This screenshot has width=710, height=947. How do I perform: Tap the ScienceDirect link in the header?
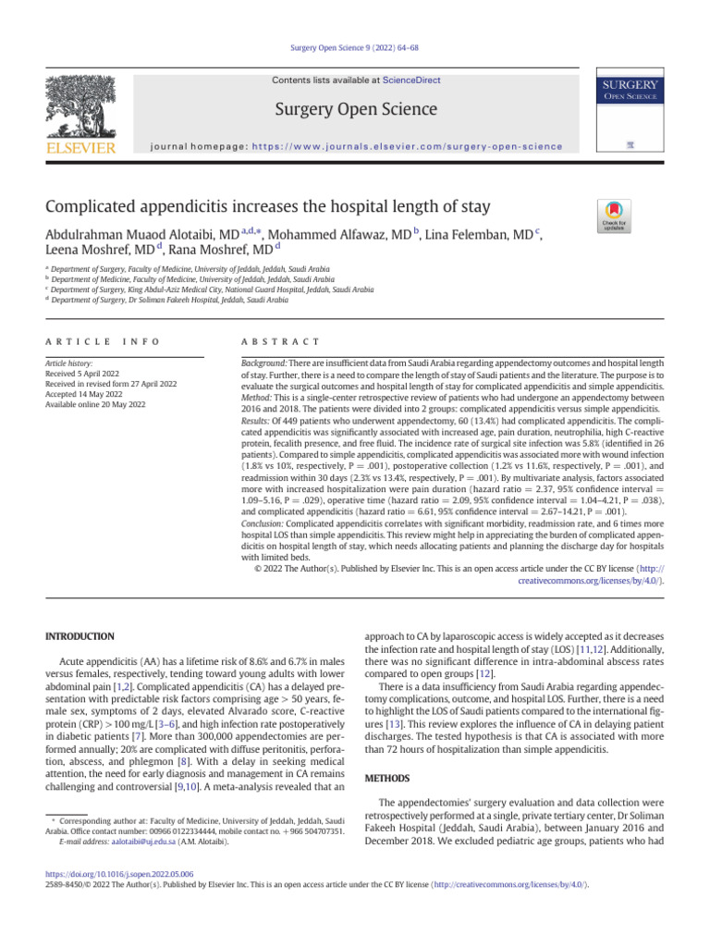(x=416, y=80)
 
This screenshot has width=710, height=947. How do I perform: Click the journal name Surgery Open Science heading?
(x=355, y=110)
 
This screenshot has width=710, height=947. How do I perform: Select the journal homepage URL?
(x=407, y=146)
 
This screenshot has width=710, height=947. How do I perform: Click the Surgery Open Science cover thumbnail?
(x=630, y=115)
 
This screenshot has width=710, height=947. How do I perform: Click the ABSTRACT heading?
(x=280, y=341)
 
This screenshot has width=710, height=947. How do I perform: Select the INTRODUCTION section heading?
(x=80, y=636)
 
